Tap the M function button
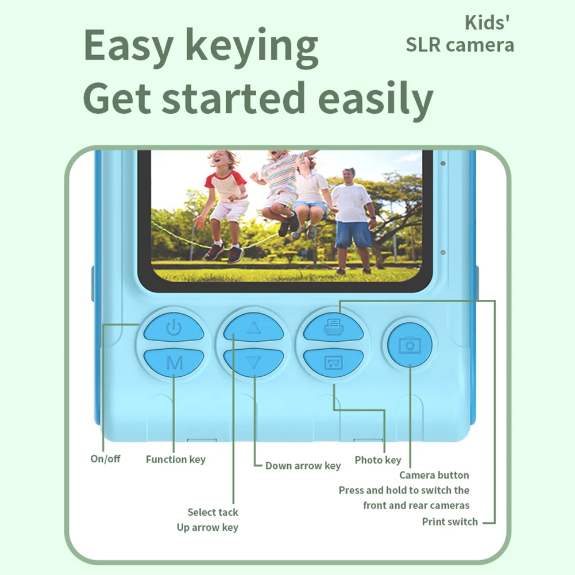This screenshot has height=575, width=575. (x=174, y=362)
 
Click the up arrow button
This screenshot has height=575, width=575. (x=253, y=327)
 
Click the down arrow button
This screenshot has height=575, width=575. (x=253, y=362)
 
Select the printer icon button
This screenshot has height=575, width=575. (x=333, y=326)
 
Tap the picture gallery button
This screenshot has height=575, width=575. (x=333, y=362)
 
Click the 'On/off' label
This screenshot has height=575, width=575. (x=105, y=459)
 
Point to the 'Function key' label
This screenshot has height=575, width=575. (x=176, y=460)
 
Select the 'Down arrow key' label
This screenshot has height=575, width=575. (x=303, y=466)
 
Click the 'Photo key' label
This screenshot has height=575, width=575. (x=378, y=460)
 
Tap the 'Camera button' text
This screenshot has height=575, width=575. (x=434, y=475)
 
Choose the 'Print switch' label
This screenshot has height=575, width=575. (x=450, y=522)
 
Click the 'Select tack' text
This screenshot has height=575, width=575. (x=213, y=512)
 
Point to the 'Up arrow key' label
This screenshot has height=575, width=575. (x=207, y=527)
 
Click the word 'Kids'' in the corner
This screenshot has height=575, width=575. (x=487, y=23)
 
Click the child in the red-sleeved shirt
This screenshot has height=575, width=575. (x=224, y=206)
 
